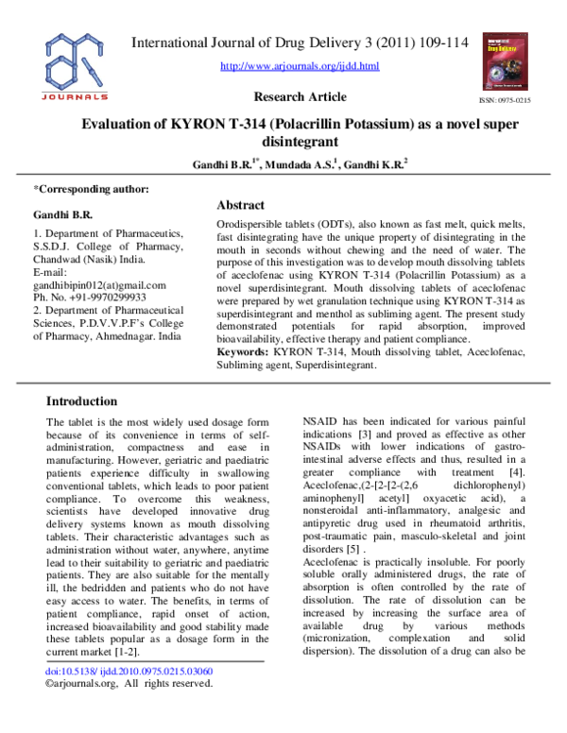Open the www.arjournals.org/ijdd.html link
(x=300, y=66)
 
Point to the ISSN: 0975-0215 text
(x=506, y=100)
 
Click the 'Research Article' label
(x=301, y=96)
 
